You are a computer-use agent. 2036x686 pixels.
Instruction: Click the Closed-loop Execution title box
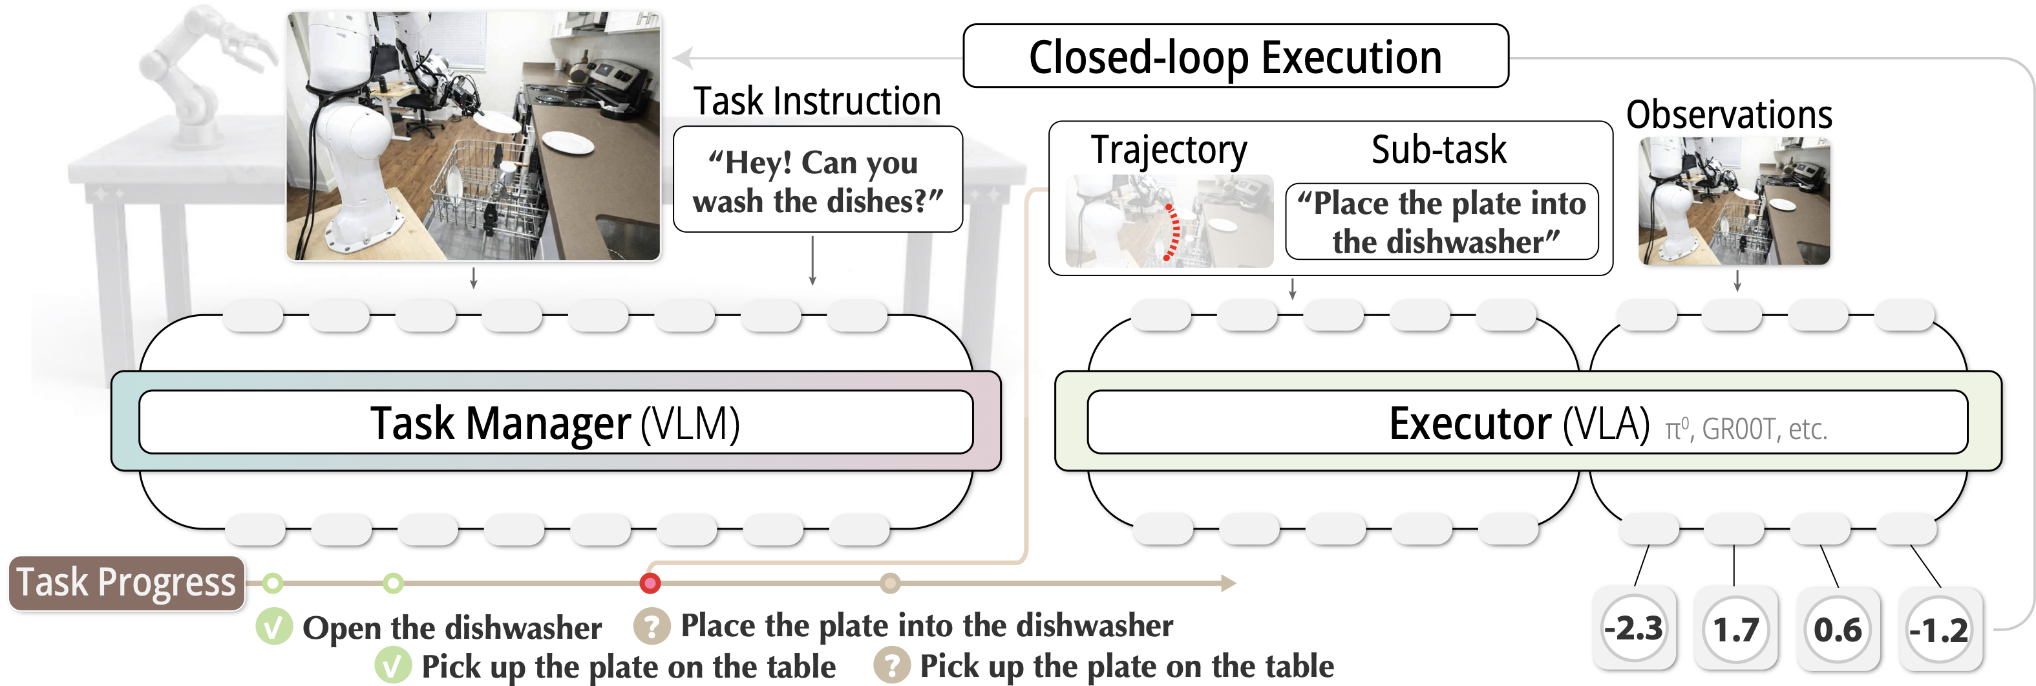click(x=1235, y=57)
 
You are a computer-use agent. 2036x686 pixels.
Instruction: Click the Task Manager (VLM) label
click(x=555, y=423)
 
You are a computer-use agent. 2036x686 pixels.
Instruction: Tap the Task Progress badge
click(x=127, y=583)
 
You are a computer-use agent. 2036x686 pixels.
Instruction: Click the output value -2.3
click(x=1633, y=629)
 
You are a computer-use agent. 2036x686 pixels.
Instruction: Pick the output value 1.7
click(x=1735, y=630)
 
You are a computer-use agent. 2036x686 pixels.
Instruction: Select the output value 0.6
click(x=1838, y=630)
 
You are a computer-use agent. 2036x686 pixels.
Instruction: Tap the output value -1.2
click(x=1940, y=630)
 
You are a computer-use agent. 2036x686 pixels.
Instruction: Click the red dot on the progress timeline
click(x=650, y=584)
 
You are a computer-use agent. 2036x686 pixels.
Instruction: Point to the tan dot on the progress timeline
click(x=890, y=584)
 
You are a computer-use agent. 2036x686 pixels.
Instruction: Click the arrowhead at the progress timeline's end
click(x=1228, y=584)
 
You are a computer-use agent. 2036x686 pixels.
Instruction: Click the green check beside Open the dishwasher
click(x=273, y=628)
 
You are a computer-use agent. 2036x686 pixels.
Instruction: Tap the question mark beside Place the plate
click(x=652, y=627)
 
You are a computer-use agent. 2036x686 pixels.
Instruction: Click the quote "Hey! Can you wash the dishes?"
click(x=817, y=182)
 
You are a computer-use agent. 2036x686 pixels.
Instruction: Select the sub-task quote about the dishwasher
click(x=1441, y=222)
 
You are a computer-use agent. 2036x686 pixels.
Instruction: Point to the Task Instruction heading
click(x=816, y=101)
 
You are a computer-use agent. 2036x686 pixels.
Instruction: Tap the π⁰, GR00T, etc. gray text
click(x=1746, y=429)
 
